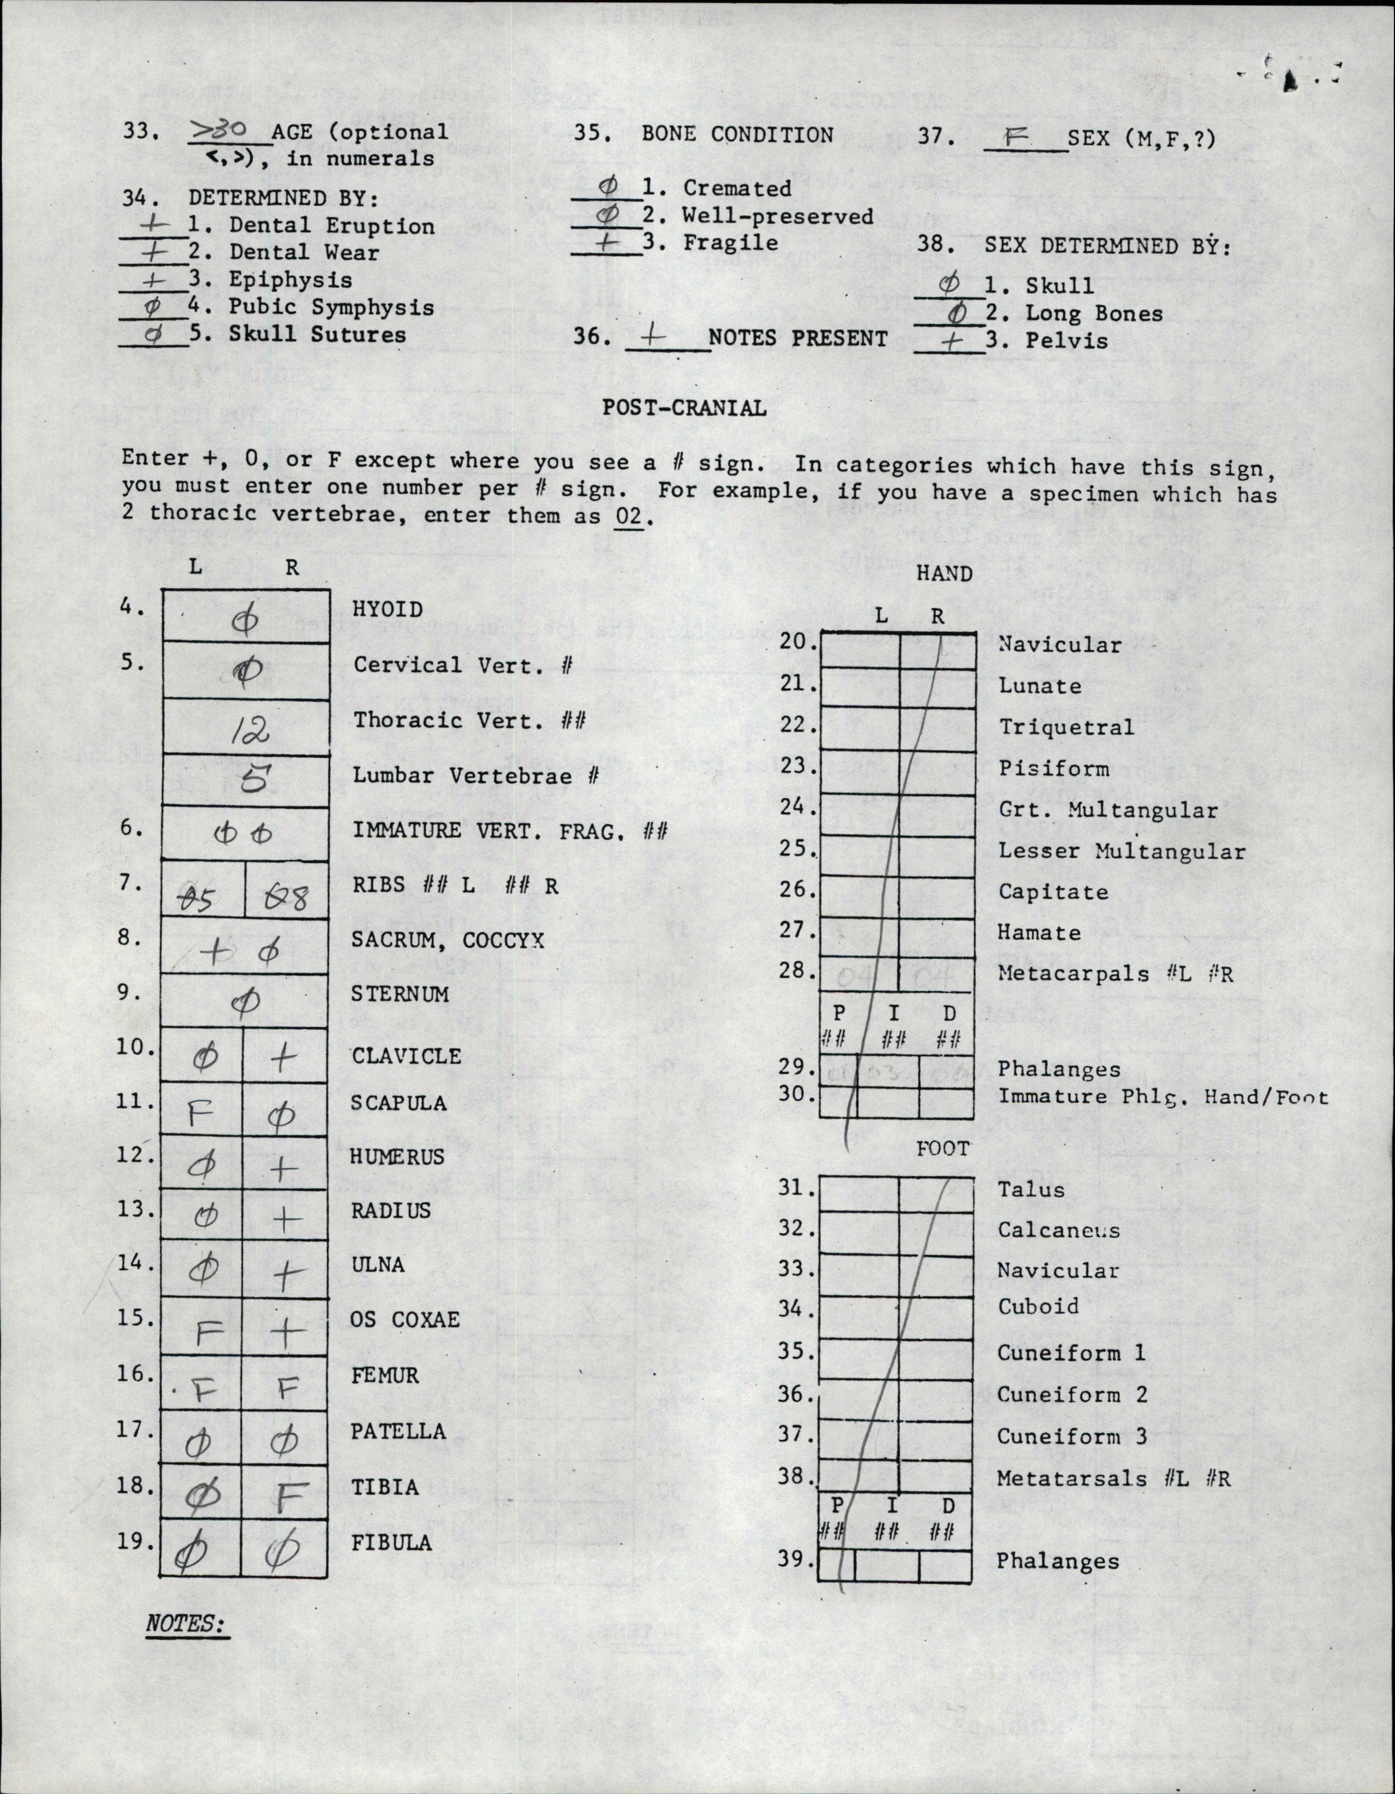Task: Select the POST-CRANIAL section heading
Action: point(684,407)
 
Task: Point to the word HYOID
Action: point(388,609)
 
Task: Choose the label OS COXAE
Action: point(405,1319)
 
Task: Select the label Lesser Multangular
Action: point(1122,851)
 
